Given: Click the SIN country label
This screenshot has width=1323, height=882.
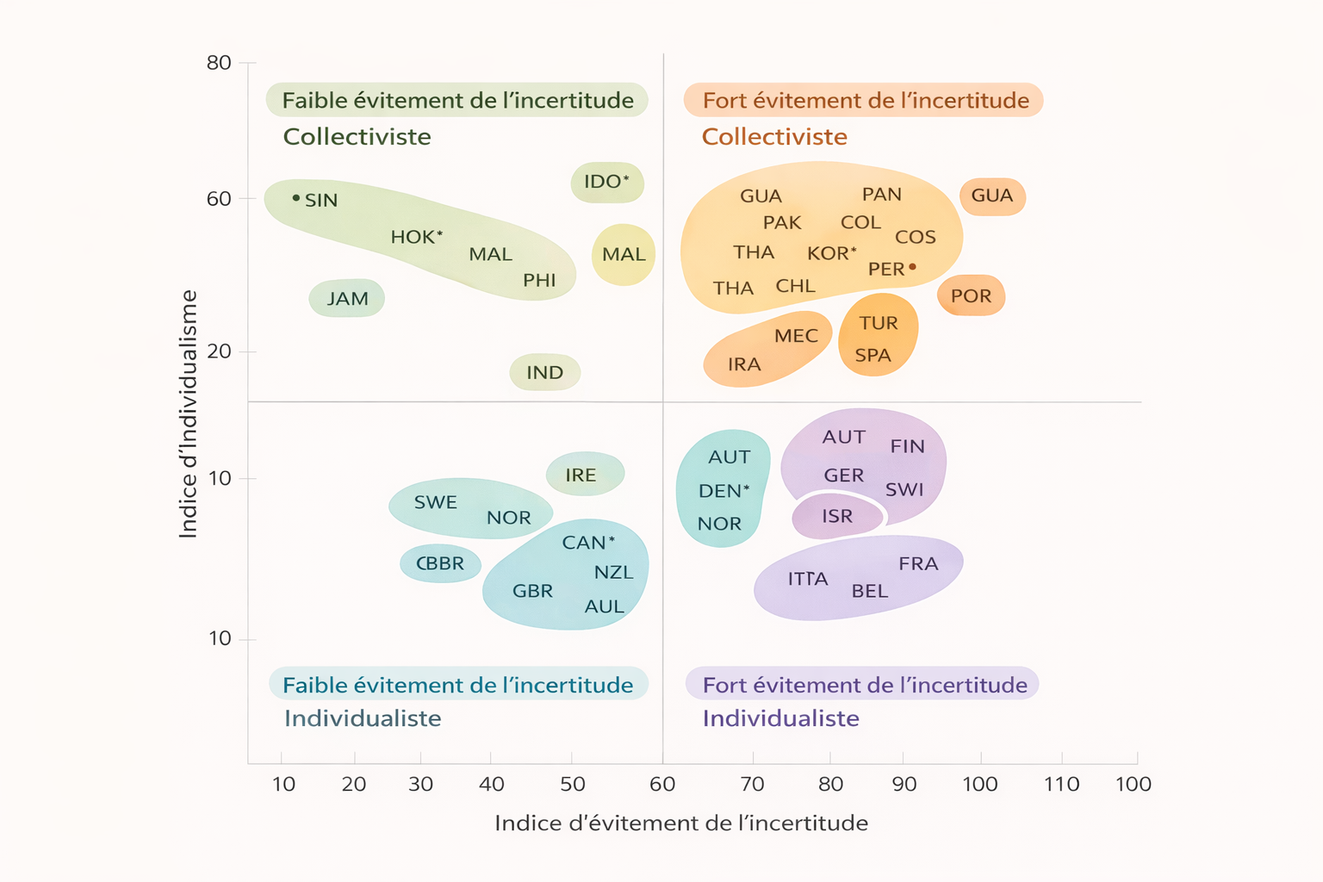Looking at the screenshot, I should [x=320, y=201].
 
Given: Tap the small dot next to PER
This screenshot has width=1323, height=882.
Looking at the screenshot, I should [x=913, y=267].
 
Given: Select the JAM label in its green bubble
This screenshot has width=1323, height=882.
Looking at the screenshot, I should [x=347, y=299].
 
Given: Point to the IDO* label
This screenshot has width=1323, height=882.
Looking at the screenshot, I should [x=606, y=182].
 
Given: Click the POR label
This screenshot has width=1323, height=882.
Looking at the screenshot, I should [x=971, y=296].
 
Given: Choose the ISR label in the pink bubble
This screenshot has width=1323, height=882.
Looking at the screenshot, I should [x=836, y=517].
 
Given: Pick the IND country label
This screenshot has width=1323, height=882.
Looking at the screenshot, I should [x=544, y=373].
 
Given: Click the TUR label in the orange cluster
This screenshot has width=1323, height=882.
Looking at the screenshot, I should [x=879, y=323].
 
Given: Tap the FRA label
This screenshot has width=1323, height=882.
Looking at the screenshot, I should [x=918, y=564].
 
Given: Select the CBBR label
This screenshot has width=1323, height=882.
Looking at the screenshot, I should [x=440, y=564].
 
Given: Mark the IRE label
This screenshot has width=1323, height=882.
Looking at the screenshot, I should [x=581, y=475].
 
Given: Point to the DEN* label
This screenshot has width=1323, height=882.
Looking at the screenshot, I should [x=724, y=491].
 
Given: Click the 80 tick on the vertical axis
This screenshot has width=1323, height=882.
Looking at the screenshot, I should [x=219, y=63].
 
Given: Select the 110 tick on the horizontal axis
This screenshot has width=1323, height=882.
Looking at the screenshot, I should [x=1061, y=784].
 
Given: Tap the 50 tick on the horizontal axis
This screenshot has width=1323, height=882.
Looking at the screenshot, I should [x=573, y=784].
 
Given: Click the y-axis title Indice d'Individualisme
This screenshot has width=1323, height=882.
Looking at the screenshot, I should [x=188, y=414].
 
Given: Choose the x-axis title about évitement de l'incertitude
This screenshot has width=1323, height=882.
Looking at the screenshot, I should [x=680, y=823].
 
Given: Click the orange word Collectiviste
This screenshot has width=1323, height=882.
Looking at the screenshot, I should [x=774, y=137].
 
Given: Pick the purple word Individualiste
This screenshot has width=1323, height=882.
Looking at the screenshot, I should [x=780, y=718].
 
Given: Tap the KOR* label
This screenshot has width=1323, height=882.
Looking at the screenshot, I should [x=831, y=254].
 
